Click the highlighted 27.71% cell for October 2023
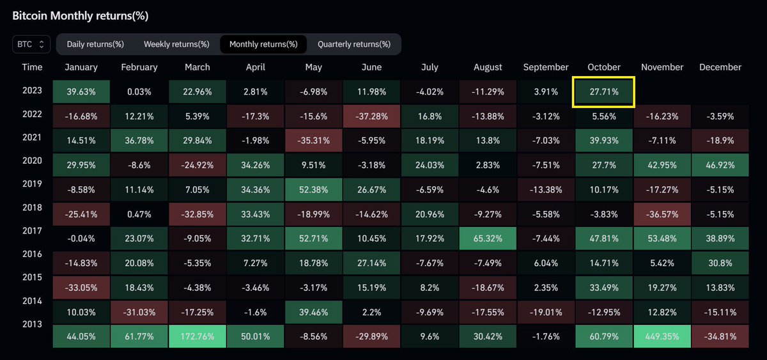[604, 91]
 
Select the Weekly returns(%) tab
[176, 44]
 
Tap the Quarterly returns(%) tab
[353, 44]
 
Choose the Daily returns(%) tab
[96, 44]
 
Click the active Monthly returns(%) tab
[263, 44]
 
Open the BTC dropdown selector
[31, 44]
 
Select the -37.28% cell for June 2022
[371, 115]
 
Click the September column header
[545, 67]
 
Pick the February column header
[139, 67]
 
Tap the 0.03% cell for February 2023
[139, 91]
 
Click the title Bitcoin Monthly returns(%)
[80, 15]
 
